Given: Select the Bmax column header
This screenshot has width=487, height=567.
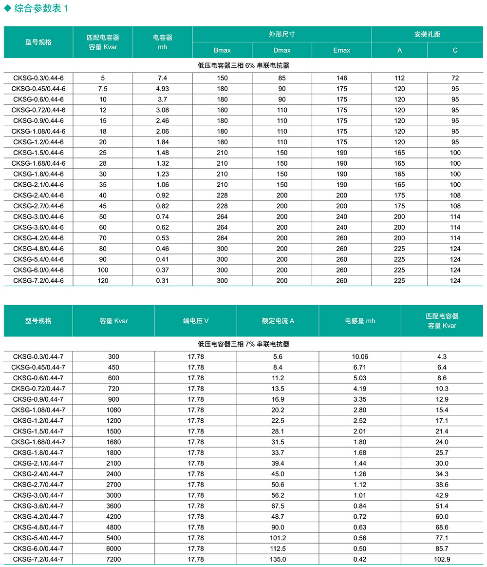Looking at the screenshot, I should tap(222, 50).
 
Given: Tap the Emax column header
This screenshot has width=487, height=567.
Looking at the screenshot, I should tap(341, 50).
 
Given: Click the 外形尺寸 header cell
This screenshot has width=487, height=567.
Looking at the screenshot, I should tap(282, 35).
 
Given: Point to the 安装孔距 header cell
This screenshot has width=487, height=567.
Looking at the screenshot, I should tap(427, 35).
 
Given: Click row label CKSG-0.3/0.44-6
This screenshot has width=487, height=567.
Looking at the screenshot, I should tap(38, 78).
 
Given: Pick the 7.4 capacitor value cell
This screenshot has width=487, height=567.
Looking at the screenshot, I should tap(163, 78).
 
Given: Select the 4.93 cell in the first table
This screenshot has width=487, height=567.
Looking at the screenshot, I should tap(163, 89).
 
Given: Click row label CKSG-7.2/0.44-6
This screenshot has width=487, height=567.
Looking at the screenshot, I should tap(38, 281).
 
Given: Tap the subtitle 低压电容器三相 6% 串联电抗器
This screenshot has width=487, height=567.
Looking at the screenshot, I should tap(243, 65).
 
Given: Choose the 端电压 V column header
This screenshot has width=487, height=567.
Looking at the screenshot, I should tap(196, 321).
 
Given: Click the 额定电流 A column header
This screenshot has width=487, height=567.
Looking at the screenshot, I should tap(278, 321).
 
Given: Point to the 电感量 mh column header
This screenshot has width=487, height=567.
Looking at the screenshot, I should tap(360, 321).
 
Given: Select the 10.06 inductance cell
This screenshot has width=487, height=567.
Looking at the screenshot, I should tap(360, 357).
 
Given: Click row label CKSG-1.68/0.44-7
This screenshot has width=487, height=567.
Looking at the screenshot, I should tap(38, 442).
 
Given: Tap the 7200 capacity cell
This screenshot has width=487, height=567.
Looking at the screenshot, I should tap(113, 560).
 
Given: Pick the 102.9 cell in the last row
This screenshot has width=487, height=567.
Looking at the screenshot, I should tap(443, 560).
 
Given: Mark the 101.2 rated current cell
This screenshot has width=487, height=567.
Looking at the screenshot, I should tap(278, 538).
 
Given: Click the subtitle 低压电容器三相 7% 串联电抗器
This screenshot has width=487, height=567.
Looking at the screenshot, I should tap(243, 344).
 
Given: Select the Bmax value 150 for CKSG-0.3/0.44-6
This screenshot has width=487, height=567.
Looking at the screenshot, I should tap(222, 78).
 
